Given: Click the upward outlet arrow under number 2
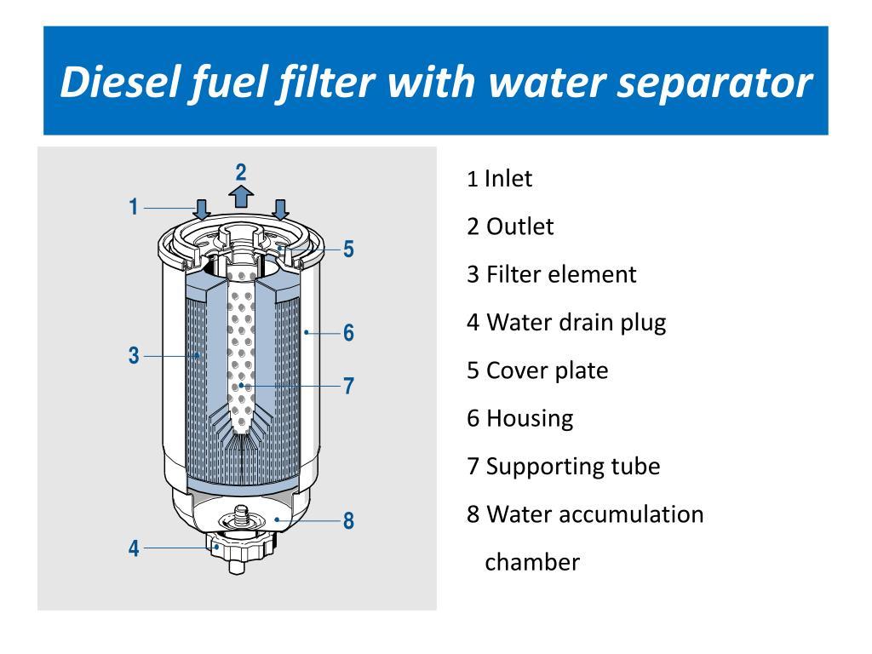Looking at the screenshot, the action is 241,197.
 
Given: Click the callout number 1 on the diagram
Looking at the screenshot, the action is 134,207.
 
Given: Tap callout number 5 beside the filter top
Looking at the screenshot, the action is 348,250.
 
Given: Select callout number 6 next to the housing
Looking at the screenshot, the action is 348,333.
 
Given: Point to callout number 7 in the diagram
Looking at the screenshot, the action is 348,386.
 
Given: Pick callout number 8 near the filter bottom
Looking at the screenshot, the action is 348,520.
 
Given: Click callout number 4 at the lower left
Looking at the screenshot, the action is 134,548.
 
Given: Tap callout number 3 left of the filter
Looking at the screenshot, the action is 134,355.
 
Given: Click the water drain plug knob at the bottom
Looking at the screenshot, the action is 239,548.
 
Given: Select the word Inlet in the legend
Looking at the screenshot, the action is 508,179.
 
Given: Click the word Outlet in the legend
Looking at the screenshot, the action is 520,227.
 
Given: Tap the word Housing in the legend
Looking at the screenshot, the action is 530,419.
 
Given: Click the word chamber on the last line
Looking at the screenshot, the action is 532,562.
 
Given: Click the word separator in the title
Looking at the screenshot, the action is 714,83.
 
